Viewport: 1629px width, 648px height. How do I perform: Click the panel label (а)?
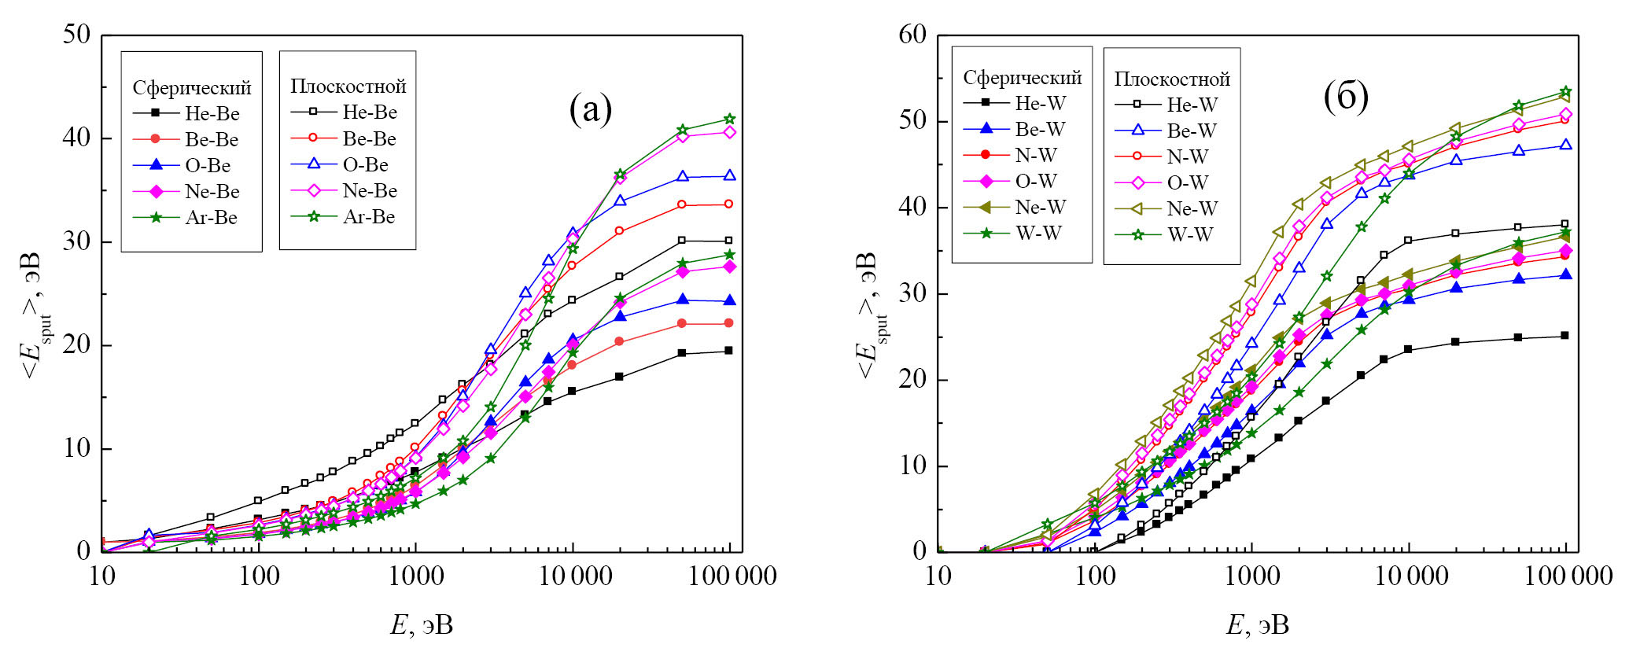click(x=590, y=109)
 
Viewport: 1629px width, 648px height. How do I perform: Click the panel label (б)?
click(x=1346, y=97)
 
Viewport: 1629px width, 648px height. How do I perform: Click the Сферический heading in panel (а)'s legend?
click(x=191, y=87)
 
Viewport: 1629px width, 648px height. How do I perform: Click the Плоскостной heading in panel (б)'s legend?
click(x=1172, y=79)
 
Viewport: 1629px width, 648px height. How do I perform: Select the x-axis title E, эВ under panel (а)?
click(x=422, y=625)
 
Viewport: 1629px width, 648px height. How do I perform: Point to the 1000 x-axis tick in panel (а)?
click(x=415, y=576)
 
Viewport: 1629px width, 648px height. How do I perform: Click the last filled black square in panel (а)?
click(x=729, y=351)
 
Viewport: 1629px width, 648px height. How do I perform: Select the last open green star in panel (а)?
click(x=729, y=120)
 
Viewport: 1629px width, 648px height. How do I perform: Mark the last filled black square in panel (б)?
click(x=1565, y=336)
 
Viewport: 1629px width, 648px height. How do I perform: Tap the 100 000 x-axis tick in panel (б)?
click(x=1568, y=576)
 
